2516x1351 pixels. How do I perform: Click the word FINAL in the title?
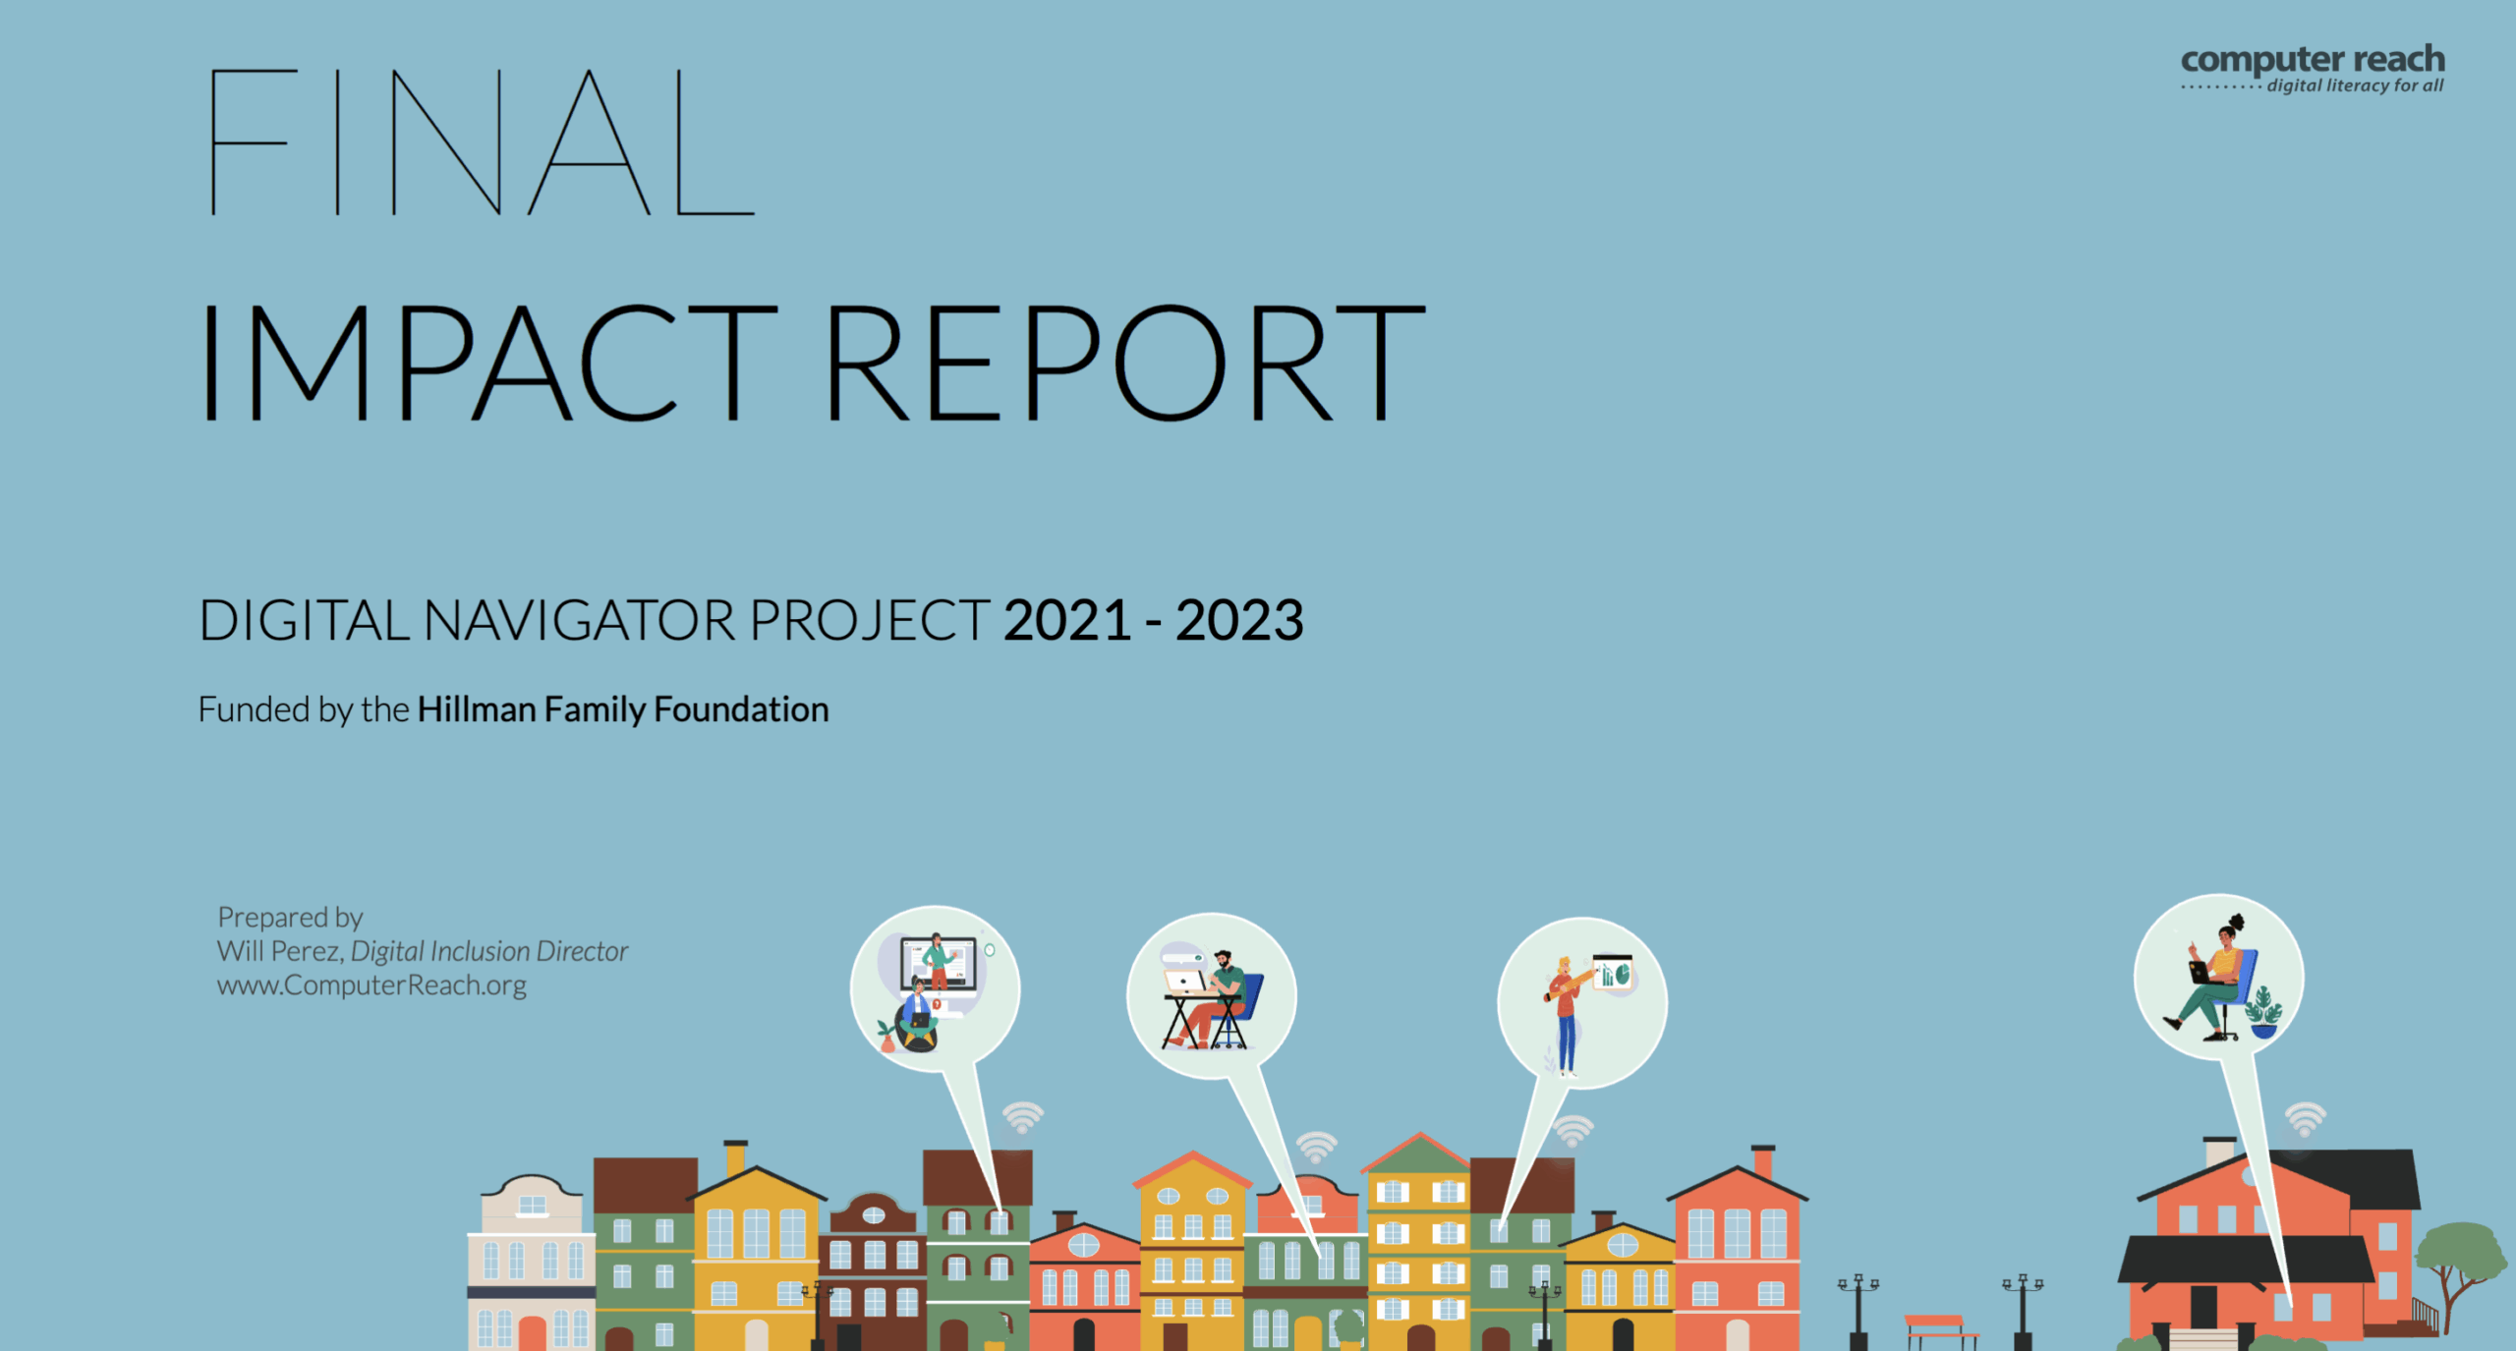[481, 142]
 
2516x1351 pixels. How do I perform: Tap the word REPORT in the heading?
[1125, 363]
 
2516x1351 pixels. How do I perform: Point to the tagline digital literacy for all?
[2355, 85]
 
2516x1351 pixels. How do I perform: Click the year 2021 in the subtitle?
[1067, 621]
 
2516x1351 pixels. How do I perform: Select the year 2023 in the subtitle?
[1239, 621]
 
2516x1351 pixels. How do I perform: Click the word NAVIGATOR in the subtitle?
[579, 621]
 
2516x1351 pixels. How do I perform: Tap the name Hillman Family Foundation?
[623, 709]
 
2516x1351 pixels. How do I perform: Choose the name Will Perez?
[278, 951]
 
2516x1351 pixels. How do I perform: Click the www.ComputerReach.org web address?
[372, 985]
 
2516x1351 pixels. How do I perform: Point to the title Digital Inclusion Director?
[489, 951]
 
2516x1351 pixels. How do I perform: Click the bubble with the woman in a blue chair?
[2219, 977]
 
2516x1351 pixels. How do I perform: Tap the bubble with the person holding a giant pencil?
[1582, 1003]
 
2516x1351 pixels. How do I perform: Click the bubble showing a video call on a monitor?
[935, 987]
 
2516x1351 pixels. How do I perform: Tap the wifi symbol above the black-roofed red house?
[2305, 1120]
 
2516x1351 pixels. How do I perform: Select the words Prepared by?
[290, 918]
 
